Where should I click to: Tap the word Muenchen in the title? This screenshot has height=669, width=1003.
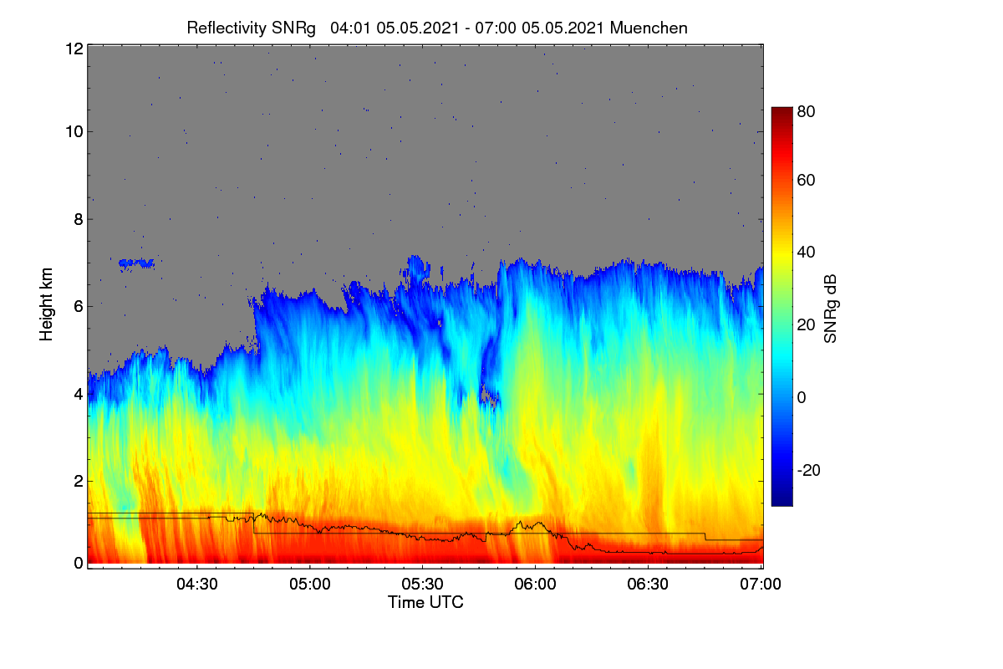pos(649,28)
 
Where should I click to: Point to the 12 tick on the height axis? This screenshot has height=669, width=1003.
pos(74,49)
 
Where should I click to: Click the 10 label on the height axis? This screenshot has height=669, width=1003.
pos(74,132)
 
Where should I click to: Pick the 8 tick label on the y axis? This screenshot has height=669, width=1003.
pos(79,219)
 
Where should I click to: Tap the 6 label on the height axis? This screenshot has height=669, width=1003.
pos(79,307)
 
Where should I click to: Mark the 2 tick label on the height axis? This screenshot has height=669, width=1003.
pos(79,481)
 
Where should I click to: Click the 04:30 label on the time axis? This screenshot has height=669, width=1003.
pos(197,584)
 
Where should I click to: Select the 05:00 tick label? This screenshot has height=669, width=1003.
pos(310,584)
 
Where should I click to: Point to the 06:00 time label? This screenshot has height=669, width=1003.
pos(535,584)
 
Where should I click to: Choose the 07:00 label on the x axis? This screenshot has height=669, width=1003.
pos(761,584)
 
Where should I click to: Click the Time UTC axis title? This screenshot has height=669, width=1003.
pos(425,602)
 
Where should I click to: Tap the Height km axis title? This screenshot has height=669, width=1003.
pos(46,304)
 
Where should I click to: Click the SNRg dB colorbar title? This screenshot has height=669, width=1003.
pos(830,309)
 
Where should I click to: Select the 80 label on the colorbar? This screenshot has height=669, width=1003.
pos(806,111)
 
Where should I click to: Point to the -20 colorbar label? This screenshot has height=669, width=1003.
pos(809,470)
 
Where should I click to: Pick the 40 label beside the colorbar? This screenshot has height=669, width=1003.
pos(806,253)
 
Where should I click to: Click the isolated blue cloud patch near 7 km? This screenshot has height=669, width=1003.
pos(136,263)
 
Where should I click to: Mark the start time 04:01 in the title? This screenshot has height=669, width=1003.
pos(350,28)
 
